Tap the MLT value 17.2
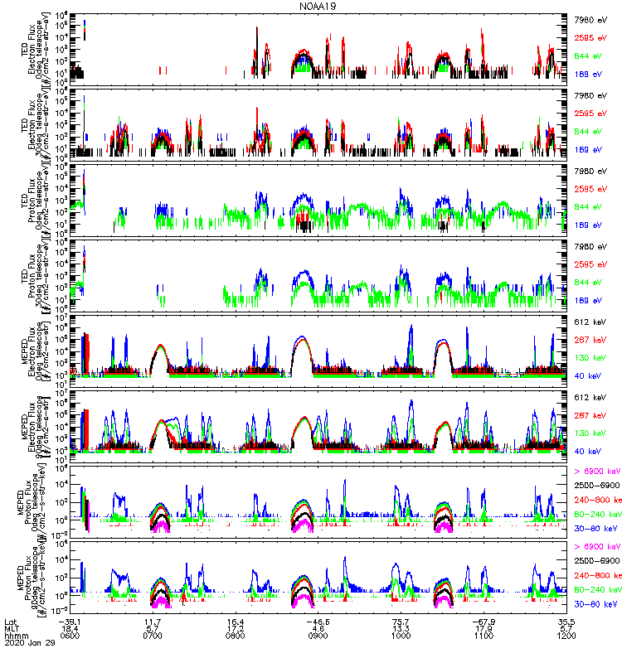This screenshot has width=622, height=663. click(236, 626)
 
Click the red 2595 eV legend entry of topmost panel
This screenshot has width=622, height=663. click(591, 37)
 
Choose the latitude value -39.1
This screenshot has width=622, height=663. click(68, 618)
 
